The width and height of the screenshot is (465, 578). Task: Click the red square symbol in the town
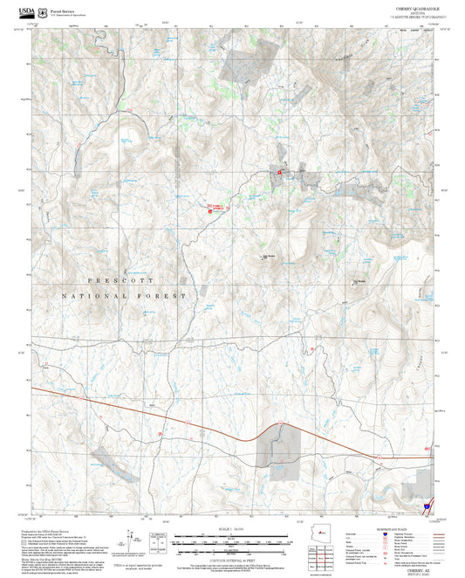pyautogui.click(x=279, y=172)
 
